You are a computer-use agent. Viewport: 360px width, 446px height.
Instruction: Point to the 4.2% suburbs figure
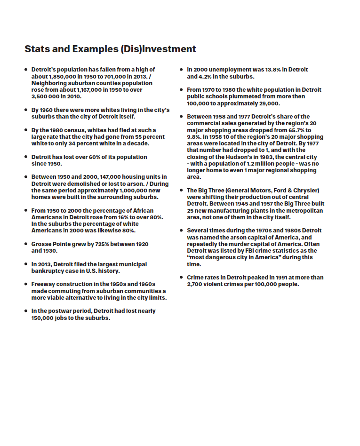[x=207, y=76]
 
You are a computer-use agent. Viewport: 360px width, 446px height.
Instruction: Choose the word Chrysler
[x=304, y=191]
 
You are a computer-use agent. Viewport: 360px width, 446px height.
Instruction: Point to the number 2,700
[x=196, y=284]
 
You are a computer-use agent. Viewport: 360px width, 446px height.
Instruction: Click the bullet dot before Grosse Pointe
[x=26, y=244]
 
